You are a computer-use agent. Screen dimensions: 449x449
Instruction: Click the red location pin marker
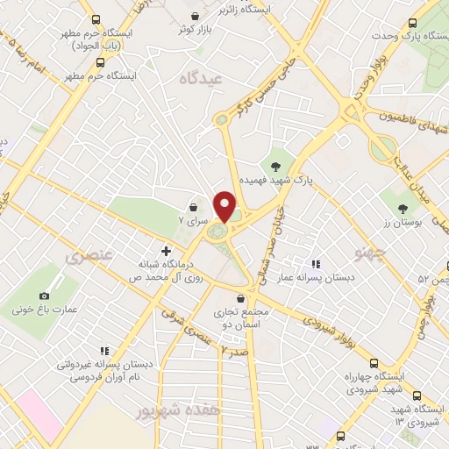tap(226, 206)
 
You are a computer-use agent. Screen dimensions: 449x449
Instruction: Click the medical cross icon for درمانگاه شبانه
tap(166, 251)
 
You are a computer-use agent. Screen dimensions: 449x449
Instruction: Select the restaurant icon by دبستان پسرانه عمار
tap(317, 263)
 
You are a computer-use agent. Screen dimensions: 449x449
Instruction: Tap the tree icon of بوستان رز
tap(403, 208)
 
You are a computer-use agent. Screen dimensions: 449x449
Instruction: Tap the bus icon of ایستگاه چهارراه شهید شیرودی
tap(374, 363)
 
